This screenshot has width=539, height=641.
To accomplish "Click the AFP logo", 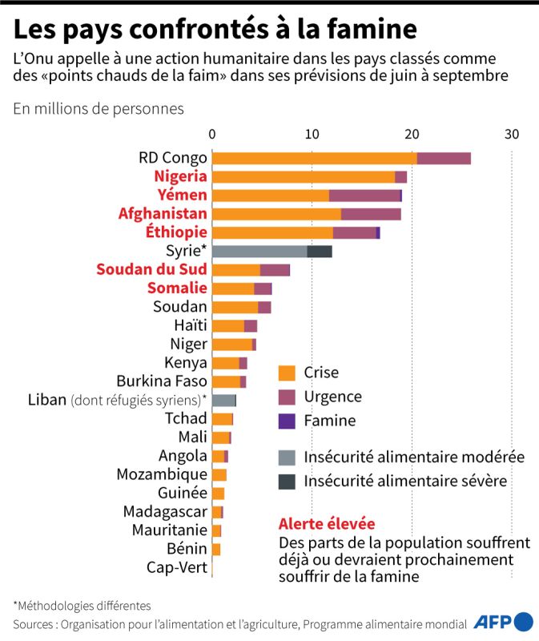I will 503,622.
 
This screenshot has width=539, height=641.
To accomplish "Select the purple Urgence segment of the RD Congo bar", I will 444,158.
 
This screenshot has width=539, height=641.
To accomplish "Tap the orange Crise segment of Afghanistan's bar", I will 276,214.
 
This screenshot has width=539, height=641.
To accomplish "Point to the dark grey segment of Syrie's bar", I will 320,252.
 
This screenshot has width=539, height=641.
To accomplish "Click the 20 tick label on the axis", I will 412,134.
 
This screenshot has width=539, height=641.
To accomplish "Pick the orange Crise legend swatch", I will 287,373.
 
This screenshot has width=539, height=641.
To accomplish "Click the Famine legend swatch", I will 287,420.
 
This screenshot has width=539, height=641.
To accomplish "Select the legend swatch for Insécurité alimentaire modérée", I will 287,458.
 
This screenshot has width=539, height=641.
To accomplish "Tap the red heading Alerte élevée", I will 326,524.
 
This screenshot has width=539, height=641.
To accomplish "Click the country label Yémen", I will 182,195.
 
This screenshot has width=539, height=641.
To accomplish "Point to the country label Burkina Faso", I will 162,381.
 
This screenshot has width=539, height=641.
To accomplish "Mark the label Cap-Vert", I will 177,567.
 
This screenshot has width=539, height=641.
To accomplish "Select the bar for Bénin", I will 216,549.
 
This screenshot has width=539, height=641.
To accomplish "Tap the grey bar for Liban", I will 223,400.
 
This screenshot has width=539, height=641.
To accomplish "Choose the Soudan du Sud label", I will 151,269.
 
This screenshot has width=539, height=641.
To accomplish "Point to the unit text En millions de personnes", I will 99,108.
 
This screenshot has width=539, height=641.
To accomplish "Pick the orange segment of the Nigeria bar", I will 304,176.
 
